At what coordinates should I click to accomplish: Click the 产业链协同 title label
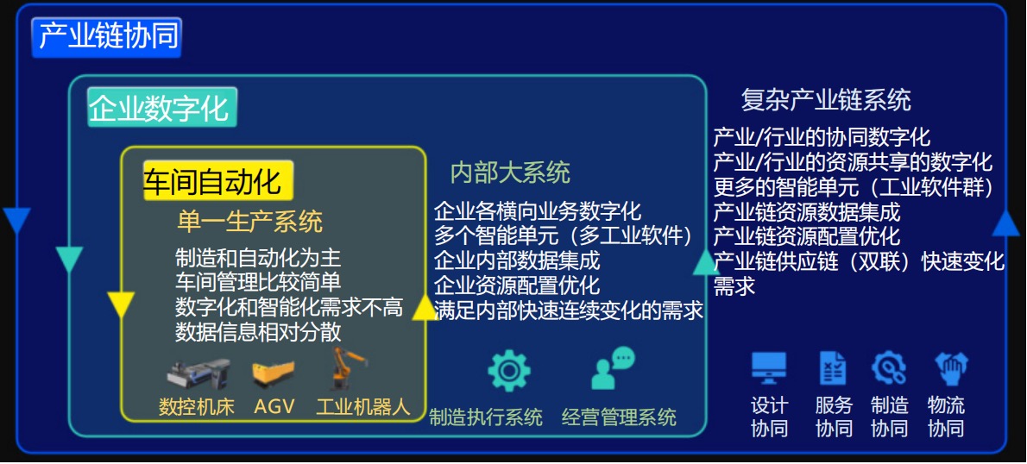click(x=107, y=37)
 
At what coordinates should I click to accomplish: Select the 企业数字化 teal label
click(x=161, y=107)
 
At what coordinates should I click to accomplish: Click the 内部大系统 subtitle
click(x=509, y=172)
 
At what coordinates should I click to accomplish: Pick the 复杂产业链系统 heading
click(x=825, y=100)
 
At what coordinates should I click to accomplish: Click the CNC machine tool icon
click(x=198, y=373)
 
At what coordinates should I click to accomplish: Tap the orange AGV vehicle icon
click(x=273, y=373)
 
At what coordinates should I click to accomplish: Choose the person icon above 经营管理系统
click(x=613, y=368)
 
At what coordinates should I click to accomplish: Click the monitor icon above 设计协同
click(x=769, y=368)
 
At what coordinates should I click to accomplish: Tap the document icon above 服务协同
click(x=833, y=368)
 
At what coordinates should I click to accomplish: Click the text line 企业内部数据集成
click(x=517, y=261)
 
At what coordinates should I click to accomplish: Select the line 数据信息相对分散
click(x=259, y=332)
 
